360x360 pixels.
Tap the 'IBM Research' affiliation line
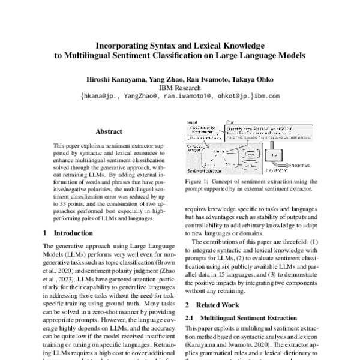pos(179,86)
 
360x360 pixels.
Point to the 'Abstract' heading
pos(109,132)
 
